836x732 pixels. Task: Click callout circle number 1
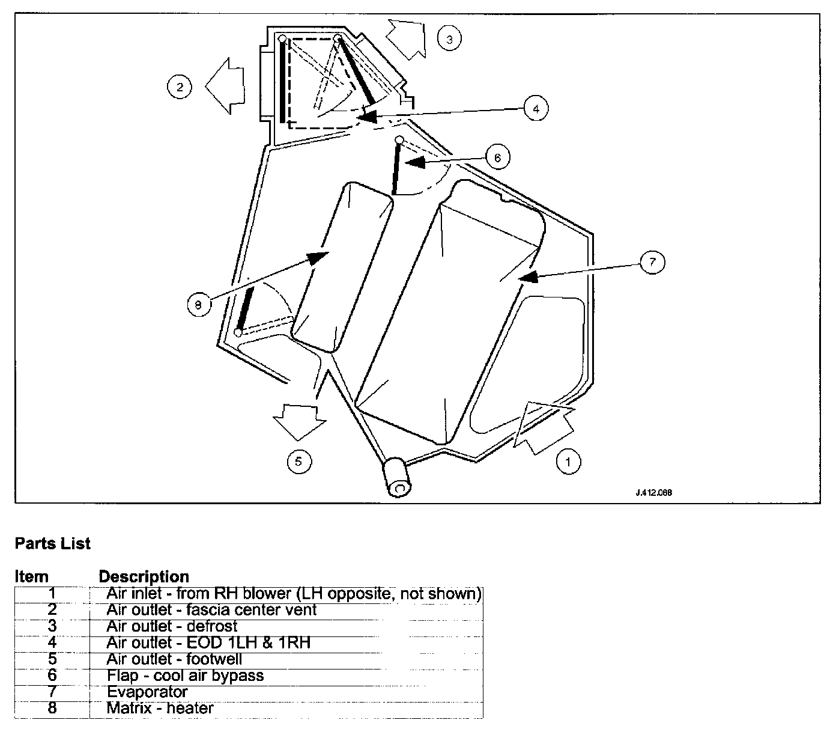tap(568, 462)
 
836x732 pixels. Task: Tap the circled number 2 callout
tap(179, 87)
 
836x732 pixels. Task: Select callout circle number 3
tap(449, 39)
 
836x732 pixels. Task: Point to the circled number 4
tap(536, 108)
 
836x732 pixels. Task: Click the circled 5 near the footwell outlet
tap(299, 461)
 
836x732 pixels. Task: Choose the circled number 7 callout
tap(652, 262)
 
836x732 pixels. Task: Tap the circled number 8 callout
tap(198, 305)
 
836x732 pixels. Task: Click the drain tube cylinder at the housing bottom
tap(397, 477)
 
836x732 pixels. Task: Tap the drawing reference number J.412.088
tap(653, 492)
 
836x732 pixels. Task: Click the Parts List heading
tap(52, 543)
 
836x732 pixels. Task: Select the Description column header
tap(144, 577)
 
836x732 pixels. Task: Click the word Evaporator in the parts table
tap(147, 692)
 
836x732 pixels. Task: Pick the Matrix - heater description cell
tap(160, 708)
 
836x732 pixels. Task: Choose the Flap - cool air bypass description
tap(185, 676)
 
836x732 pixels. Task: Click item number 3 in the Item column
tap(52, 626)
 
